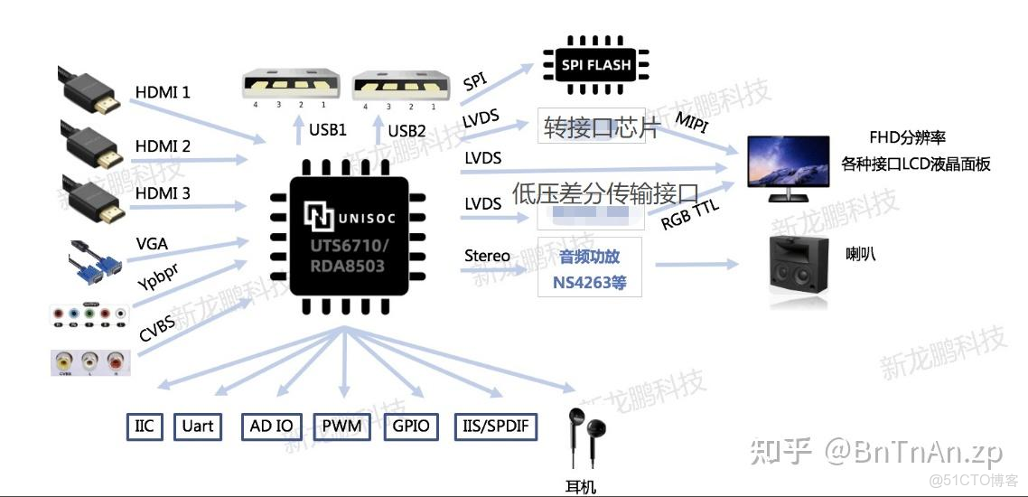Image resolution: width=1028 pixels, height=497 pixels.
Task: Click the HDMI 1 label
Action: click(163, 92)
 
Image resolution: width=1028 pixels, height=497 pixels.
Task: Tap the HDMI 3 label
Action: click(163, 193)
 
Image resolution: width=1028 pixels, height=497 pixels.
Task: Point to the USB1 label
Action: click(327, 130)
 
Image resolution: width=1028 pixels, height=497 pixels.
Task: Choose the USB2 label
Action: click(407, 130)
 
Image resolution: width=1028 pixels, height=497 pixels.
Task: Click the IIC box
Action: click(145, 426)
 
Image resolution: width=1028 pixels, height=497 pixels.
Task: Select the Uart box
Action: click(198, 426)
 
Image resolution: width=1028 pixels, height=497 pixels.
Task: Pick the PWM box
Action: click(341, 426)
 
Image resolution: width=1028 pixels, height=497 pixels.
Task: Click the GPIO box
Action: click(411, 426)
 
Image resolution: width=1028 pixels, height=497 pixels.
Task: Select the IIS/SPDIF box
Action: click(496, 426)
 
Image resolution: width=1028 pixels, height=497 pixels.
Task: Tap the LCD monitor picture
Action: click(790, 168)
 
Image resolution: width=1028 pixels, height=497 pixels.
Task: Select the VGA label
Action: click(152, 244)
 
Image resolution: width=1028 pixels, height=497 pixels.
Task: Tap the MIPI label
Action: click(695, 122)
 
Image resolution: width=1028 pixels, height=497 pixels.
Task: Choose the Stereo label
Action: click(487, 256)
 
